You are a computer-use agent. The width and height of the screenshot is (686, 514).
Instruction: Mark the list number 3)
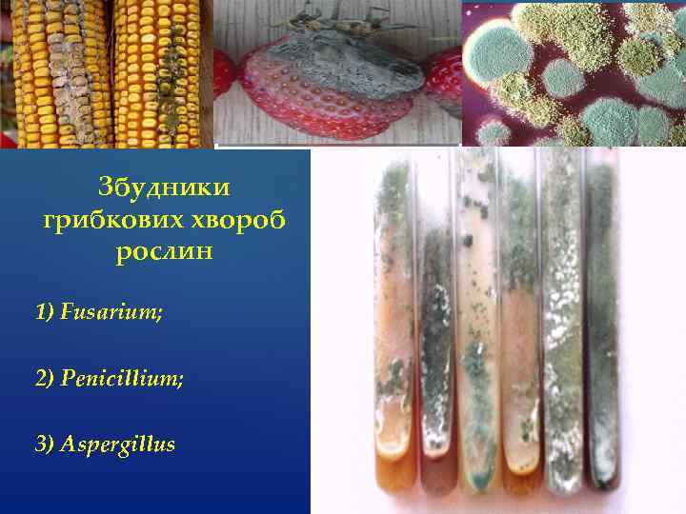pos(45,445)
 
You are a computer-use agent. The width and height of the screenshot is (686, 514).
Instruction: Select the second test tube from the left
pos(435,352)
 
